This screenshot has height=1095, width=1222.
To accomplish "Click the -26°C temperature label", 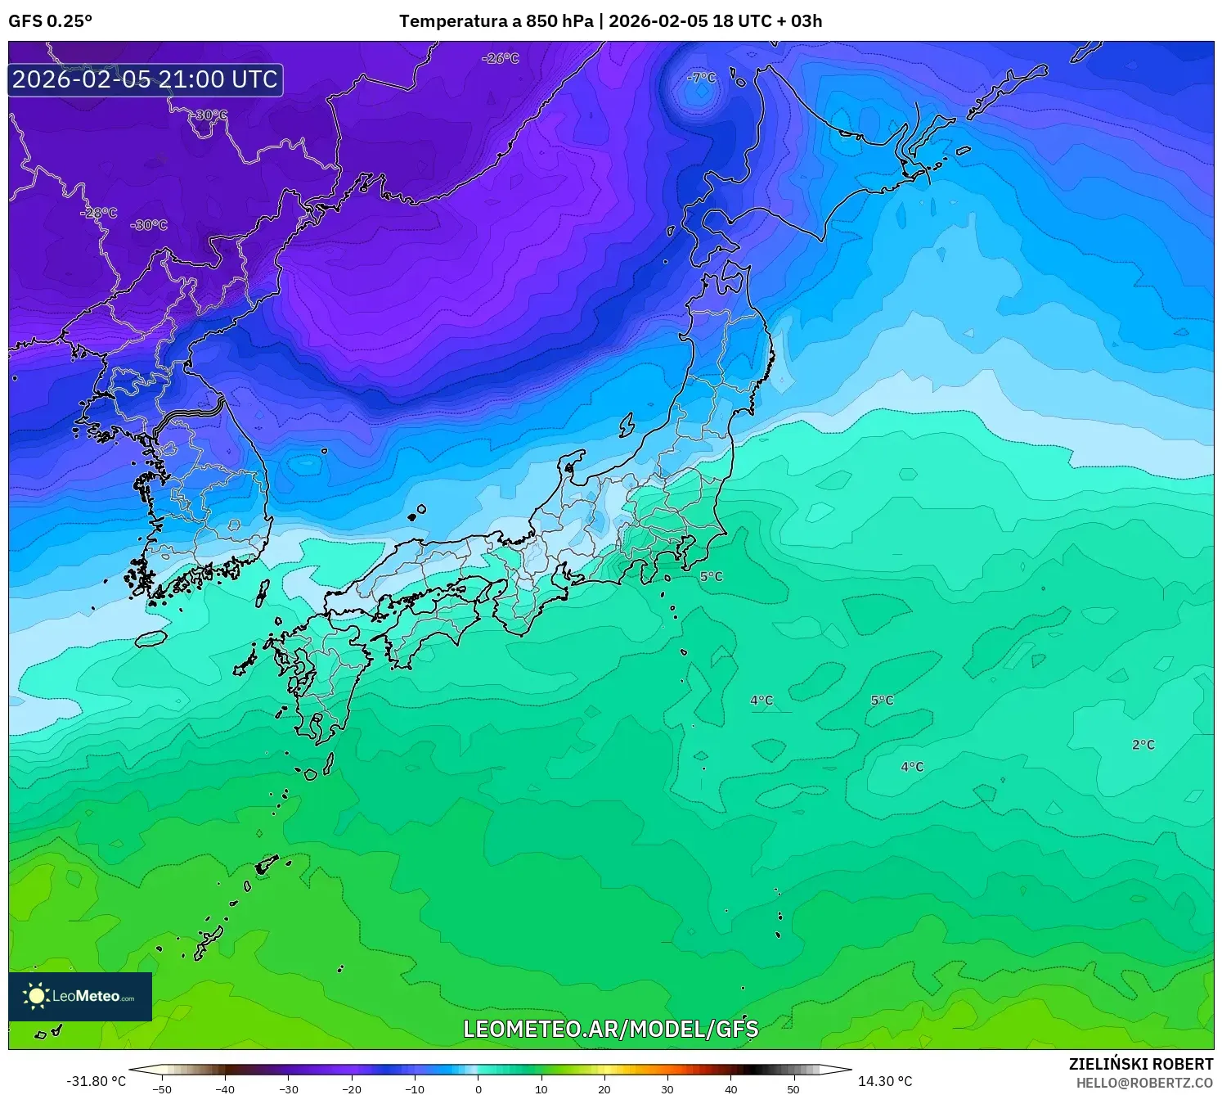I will [501, 59].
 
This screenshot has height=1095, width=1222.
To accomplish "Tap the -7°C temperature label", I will [702, 78].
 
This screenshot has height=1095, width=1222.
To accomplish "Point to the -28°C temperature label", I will [99, 213].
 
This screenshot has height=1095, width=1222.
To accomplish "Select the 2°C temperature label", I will [1143, 745].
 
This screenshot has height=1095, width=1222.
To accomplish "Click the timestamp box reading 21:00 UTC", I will [146, 79].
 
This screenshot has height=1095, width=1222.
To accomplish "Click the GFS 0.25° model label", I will [50, 21].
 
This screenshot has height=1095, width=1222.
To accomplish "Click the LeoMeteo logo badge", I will [80, 996].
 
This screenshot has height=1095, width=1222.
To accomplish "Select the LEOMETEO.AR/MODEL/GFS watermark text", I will [611, 1029].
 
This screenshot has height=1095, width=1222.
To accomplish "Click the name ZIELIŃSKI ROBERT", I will [1141, 1064].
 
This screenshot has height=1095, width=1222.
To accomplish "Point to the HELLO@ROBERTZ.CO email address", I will [1144, 1083].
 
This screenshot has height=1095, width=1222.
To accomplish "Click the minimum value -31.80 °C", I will [96, 1081].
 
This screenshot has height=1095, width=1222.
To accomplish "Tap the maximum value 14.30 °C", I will [885, 1081].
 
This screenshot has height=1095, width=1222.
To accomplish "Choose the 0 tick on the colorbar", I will [478, 1089].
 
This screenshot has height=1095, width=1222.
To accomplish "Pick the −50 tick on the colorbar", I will [162, 1089].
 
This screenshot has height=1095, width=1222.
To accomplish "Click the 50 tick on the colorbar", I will [793, 1089].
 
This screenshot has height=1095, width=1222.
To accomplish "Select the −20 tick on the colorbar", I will [352, 1089].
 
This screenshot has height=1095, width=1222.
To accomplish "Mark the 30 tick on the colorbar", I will [667, 1089].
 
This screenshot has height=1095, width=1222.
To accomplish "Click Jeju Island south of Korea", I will [151, 638].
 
